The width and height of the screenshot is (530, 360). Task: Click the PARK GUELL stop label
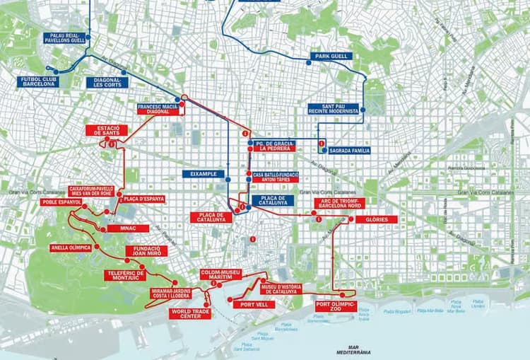point(332,56)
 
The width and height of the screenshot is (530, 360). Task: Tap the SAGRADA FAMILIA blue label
point(349,151)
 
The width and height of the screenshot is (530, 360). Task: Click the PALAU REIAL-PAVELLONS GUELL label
point(65,38)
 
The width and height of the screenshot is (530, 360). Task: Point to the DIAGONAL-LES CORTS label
point(109,83)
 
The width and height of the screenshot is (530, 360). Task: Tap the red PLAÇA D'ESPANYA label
point(144,199)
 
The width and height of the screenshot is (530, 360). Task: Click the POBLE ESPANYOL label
point(62,202)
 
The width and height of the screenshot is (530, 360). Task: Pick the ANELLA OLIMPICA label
point(71,248)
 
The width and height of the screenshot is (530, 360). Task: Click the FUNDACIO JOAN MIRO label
point(147,250)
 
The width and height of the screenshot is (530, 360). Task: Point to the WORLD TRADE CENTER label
point(191,313)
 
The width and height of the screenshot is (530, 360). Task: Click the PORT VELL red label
point(253,305)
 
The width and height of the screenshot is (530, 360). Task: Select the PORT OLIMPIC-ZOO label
point(335,306)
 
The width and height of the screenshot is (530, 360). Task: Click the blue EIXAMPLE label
point(203,174)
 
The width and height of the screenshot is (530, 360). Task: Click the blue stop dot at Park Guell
point(308,63)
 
